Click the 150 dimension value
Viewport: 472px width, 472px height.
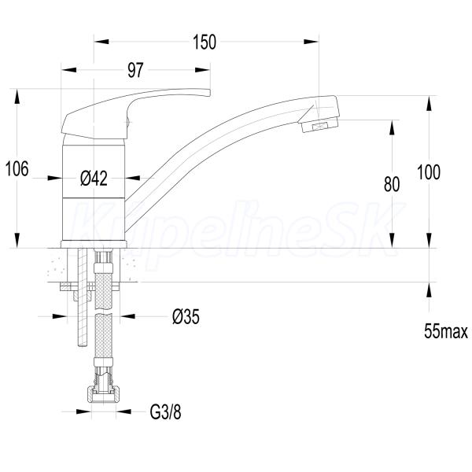coord(205,42)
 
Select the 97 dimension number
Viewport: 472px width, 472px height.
coord(135,70)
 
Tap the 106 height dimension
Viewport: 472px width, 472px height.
coord(17,168)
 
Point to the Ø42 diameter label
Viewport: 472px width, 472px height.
coord(94,179)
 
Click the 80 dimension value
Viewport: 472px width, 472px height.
coord(392,184)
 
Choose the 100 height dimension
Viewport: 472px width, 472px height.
coord(429,172)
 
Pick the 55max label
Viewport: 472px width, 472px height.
coord(446,331)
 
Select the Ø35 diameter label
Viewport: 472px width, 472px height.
coord(186,317)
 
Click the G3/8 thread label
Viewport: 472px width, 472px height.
coord(165,411)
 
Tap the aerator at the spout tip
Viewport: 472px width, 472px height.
coord(319,126)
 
